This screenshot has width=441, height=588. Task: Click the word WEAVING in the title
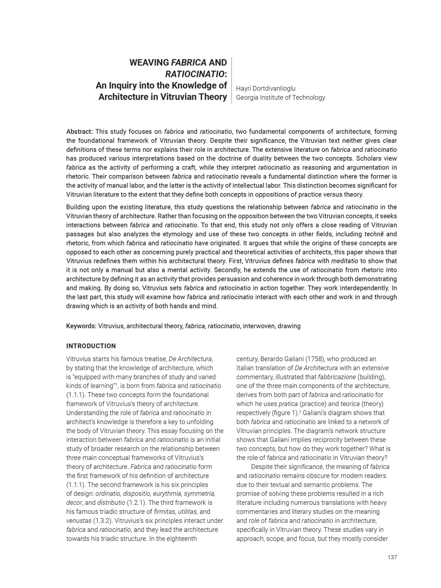click(x=146, y=63)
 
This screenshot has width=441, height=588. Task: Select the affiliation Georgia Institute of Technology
click(x=280, y=98)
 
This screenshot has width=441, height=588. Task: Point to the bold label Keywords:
click(x=81, y=326)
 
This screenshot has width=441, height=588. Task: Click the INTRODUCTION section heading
click(x=91, y=346)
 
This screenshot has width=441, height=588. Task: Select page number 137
click(x=392, y=557)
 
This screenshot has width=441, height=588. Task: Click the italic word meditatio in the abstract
click(x=345, y=261)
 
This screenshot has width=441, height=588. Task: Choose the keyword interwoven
click(x=258, y=326)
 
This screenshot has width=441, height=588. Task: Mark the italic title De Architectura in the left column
click(x=190, y=359)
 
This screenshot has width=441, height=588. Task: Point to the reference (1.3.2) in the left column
click(x=104, y=521)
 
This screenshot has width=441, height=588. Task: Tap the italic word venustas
click(x=79, y=521)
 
